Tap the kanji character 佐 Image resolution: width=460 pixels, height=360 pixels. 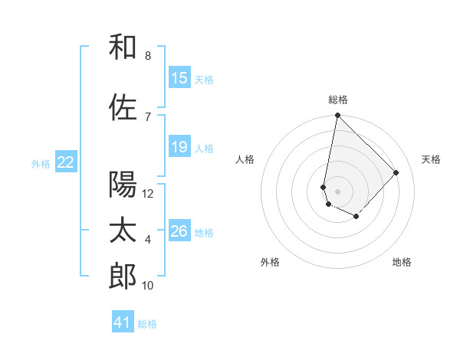click(123, 107)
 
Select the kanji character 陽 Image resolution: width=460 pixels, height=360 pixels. click(123, 184)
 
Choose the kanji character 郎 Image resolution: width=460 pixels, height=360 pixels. click(123, 277)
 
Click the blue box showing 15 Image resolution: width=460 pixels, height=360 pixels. click(179, 78)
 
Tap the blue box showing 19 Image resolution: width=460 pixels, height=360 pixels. click(179, 147)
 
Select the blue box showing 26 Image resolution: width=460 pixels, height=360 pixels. click(179, 231)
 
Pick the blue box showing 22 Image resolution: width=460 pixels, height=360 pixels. click(66, 162)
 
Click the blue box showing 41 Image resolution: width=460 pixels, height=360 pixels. click(123, 322)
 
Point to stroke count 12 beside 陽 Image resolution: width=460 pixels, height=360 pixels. click(148, 193)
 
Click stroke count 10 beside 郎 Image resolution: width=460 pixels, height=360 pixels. click(148, 286)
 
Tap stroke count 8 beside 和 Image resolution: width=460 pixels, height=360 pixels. click(148, 56)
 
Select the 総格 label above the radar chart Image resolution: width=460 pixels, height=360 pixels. click(338, 100)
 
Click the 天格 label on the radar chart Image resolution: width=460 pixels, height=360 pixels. click(431, 159)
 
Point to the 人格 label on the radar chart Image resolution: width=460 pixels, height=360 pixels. click(245, 159)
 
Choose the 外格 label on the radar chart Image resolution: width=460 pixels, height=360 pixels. click(270, 262)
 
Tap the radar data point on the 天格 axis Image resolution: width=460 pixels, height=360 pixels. click(396, 172)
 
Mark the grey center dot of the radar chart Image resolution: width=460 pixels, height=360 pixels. click(338, 191)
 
